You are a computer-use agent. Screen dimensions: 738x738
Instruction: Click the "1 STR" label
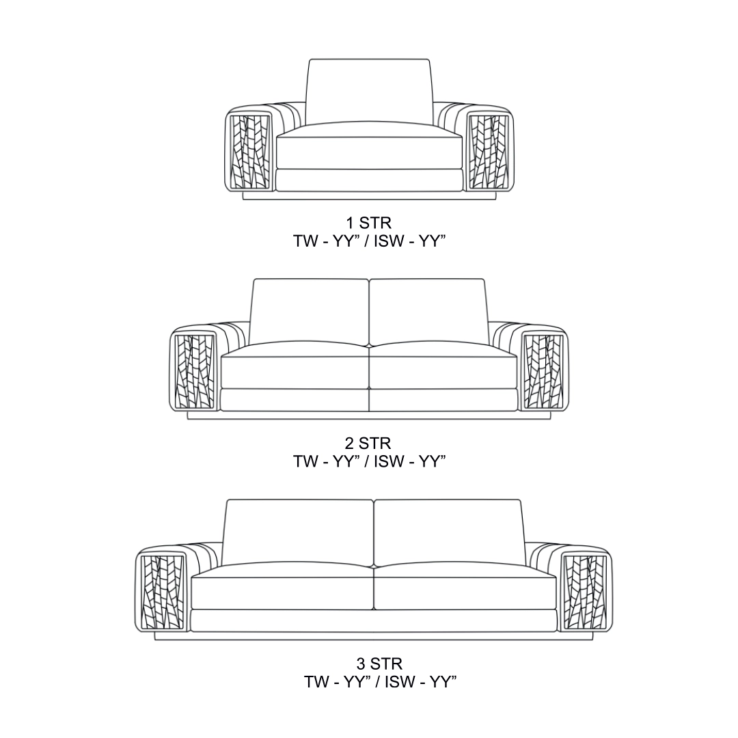[x=368, y=222]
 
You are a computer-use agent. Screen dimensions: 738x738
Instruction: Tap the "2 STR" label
[x=368, y=443]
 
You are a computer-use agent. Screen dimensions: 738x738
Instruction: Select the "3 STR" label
[x=379, y=664]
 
